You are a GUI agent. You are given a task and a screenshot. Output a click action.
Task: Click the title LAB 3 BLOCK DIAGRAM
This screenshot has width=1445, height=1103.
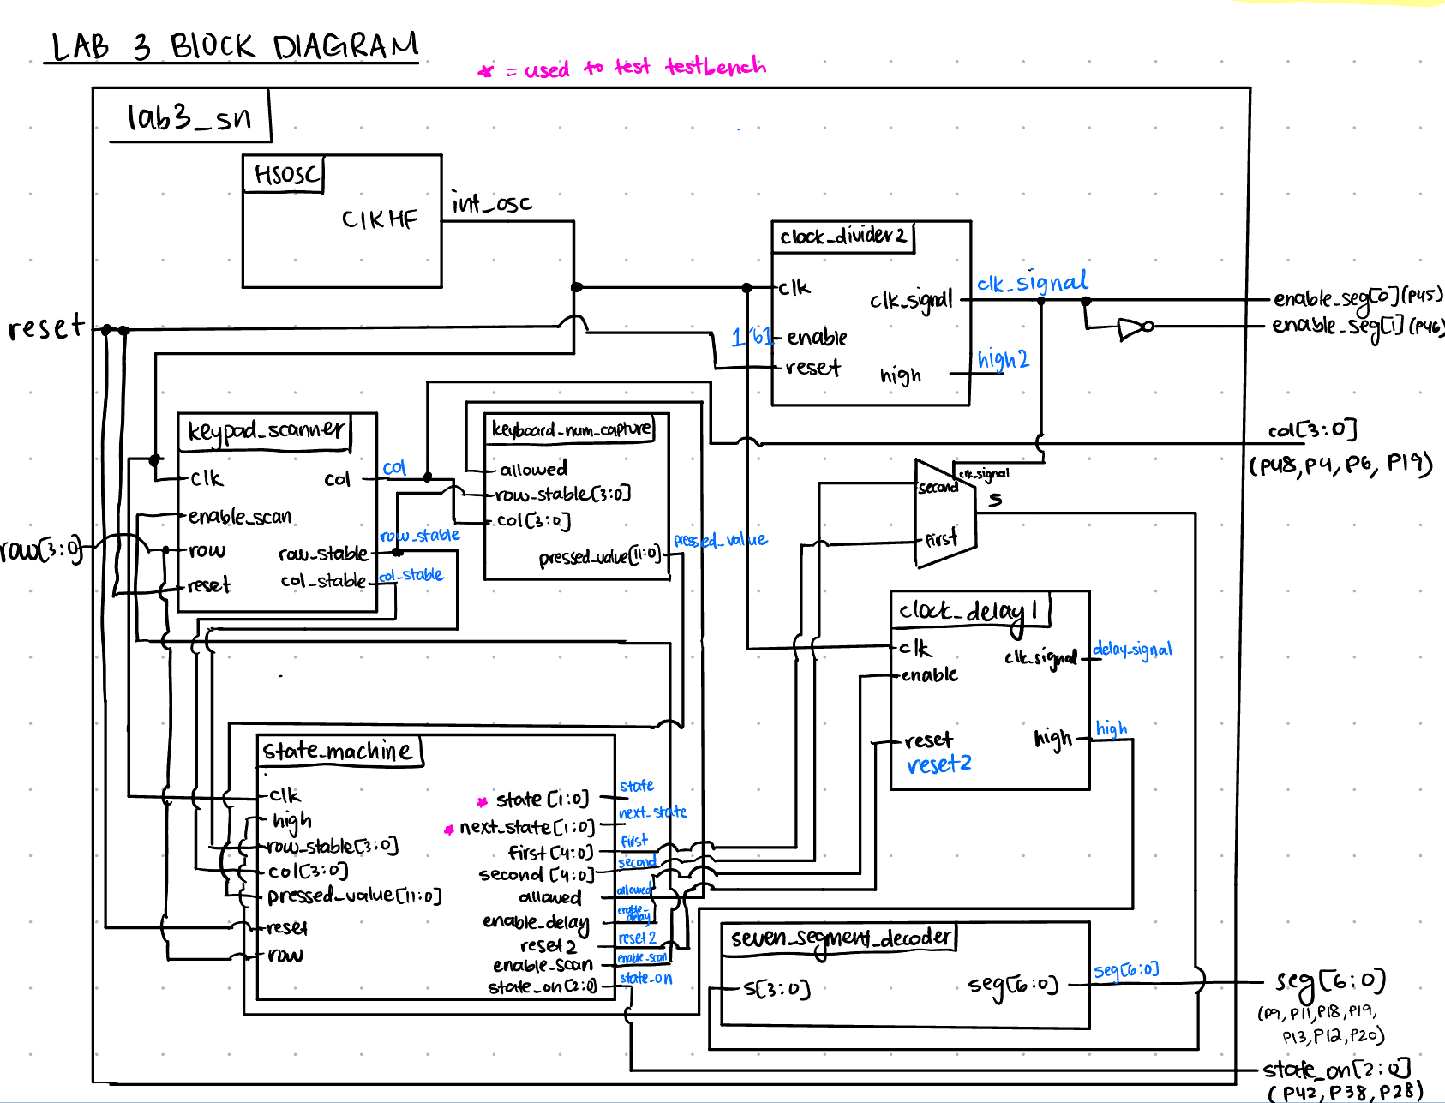point(234,46)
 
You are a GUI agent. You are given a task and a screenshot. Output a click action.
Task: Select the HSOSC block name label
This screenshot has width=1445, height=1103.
point(286,176)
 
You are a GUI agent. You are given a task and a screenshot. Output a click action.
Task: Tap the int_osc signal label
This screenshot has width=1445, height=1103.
point(492,204)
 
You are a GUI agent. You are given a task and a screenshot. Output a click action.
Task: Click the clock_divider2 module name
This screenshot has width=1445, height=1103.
point(842,237)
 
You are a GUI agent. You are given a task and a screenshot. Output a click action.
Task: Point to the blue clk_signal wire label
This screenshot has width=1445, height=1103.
point(1032,283)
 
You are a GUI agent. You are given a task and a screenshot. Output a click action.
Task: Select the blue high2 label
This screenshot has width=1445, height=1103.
point(1003,359)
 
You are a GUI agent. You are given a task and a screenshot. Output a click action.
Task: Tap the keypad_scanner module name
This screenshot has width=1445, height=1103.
point(267,430)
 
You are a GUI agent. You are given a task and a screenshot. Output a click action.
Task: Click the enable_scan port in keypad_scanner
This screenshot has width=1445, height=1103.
point(240,517)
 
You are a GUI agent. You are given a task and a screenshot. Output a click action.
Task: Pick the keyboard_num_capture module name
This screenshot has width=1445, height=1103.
point(571,429)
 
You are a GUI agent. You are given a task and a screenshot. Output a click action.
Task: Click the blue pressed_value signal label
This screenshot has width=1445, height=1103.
point(720,540)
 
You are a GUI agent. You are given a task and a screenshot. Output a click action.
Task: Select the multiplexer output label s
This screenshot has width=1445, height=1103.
point(995,500)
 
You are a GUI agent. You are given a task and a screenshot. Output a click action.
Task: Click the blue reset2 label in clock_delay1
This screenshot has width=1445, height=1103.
point(939,764)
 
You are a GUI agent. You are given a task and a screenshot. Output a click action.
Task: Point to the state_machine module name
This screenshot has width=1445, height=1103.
point(337,752)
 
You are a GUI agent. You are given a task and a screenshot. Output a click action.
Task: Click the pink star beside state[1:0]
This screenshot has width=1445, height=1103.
point(483,801)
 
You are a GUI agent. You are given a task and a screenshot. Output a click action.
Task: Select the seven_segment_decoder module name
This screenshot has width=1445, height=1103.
point(840,938)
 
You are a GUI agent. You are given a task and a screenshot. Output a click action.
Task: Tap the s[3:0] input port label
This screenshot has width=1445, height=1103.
point(776,990)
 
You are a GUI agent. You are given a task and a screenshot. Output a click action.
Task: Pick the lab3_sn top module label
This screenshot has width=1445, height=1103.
point(189,117)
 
